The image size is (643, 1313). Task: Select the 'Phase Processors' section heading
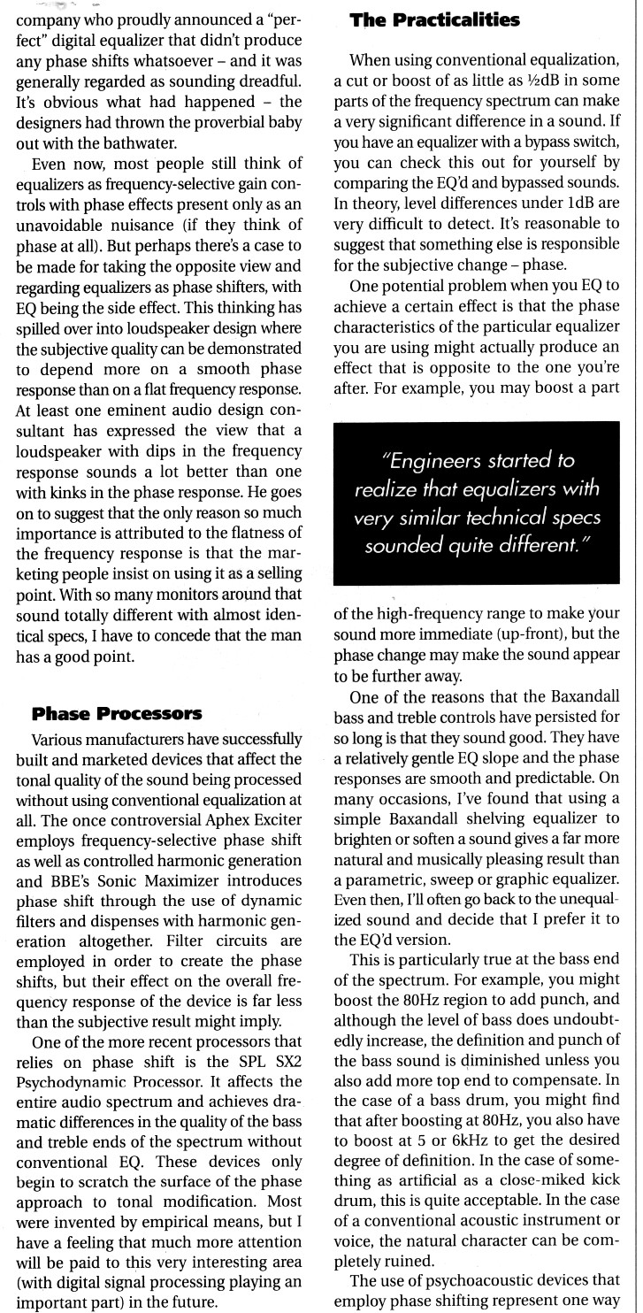pyautogui.click(x=117, y=713)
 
